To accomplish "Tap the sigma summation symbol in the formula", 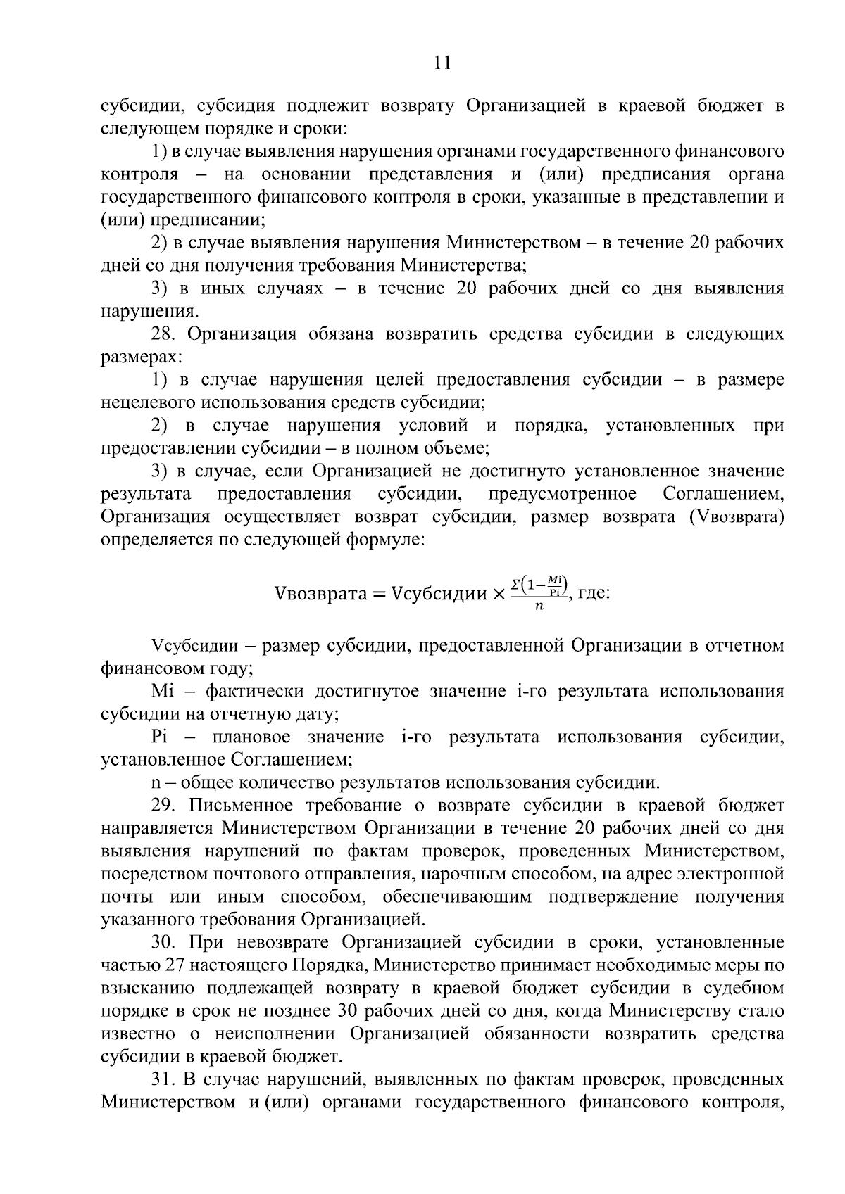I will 517,584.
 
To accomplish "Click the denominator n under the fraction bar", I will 539,606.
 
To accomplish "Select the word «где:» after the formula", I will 592,593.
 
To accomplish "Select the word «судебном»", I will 744,989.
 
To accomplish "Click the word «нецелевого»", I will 147,403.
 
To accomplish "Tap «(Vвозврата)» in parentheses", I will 732,517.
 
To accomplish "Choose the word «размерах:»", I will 142,357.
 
